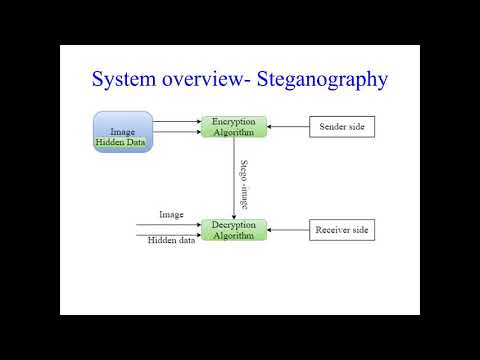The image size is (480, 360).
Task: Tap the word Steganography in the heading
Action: click(x=318, y=80)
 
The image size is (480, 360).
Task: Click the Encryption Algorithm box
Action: click(x=235, y=127)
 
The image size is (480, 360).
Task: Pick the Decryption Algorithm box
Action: click(x=235, y=229)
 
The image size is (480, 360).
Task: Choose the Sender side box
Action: click(x=342, y=127)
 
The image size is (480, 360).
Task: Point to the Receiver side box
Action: click(x=342, y=230)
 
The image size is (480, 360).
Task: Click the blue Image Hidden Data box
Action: click(x=122, y=131)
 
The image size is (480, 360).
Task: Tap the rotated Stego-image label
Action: click(x=245, y=183)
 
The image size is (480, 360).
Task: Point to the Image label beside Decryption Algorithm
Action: click(x=171, y=215)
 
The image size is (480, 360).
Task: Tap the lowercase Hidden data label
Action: click(x=172, y=241)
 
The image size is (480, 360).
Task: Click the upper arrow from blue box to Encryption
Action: click(x=177, y=122)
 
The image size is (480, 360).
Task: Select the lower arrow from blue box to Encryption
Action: click(x=177, y=132)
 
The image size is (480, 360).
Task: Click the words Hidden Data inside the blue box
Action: click(x=121, y=143)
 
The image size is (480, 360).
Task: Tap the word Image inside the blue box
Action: click(x=122, y=131)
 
